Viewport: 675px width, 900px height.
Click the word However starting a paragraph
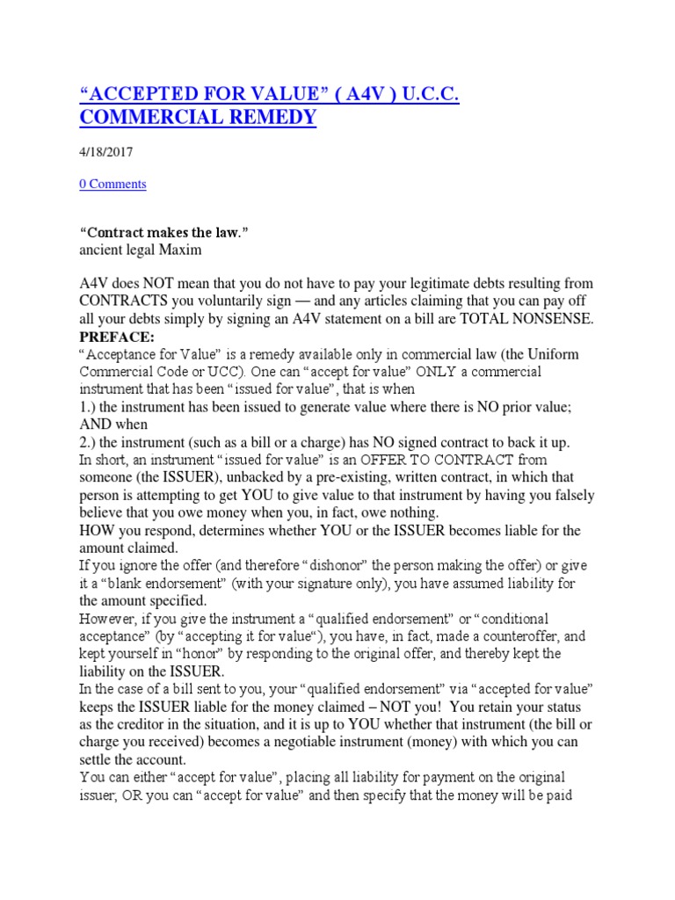pyautogui.click(x=110, y=618)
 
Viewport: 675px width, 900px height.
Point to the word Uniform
pyautogui.click(x=551, y=353)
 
